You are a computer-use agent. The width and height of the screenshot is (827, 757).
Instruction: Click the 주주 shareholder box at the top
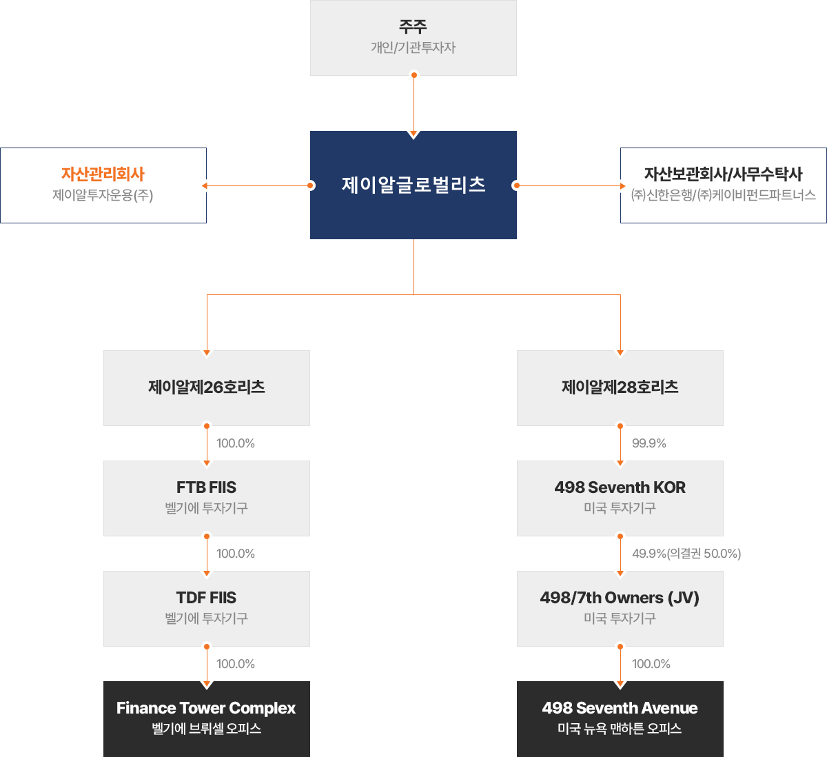413,37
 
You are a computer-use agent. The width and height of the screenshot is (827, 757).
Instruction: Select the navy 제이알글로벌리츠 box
413,185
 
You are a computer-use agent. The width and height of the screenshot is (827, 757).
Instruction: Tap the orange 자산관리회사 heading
103,174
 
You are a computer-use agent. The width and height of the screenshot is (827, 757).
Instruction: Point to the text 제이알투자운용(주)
103,195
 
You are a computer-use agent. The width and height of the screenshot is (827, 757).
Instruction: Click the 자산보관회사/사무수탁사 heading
723,174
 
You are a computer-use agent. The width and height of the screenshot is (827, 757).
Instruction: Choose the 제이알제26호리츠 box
207,387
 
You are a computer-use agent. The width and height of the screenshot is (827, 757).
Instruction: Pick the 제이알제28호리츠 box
620,387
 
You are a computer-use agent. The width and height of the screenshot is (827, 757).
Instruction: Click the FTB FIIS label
207,487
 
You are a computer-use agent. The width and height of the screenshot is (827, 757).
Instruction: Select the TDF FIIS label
207,597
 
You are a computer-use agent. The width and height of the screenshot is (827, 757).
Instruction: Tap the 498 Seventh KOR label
620,487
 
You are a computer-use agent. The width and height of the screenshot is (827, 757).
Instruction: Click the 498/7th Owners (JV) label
620,598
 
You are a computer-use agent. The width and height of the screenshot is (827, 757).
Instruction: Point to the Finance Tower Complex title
206,708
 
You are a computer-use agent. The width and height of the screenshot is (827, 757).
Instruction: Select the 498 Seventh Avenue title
620,708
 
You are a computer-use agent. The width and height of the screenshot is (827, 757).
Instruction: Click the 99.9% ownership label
649,443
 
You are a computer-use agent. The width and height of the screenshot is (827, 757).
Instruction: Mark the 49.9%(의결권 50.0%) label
686,553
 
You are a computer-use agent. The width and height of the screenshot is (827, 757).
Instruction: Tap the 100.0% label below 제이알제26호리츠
236,443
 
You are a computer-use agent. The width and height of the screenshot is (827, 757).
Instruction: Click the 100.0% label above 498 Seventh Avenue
651,664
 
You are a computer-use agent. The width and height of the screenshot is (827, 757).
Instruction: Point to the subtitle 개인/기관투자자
413,48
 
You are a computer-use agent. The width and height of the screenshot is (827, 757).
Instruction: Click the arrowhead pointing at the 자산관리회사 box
205,185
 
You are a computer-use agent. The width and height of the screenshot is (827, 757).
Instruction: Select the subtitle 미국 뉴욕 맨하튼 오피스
620,729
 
